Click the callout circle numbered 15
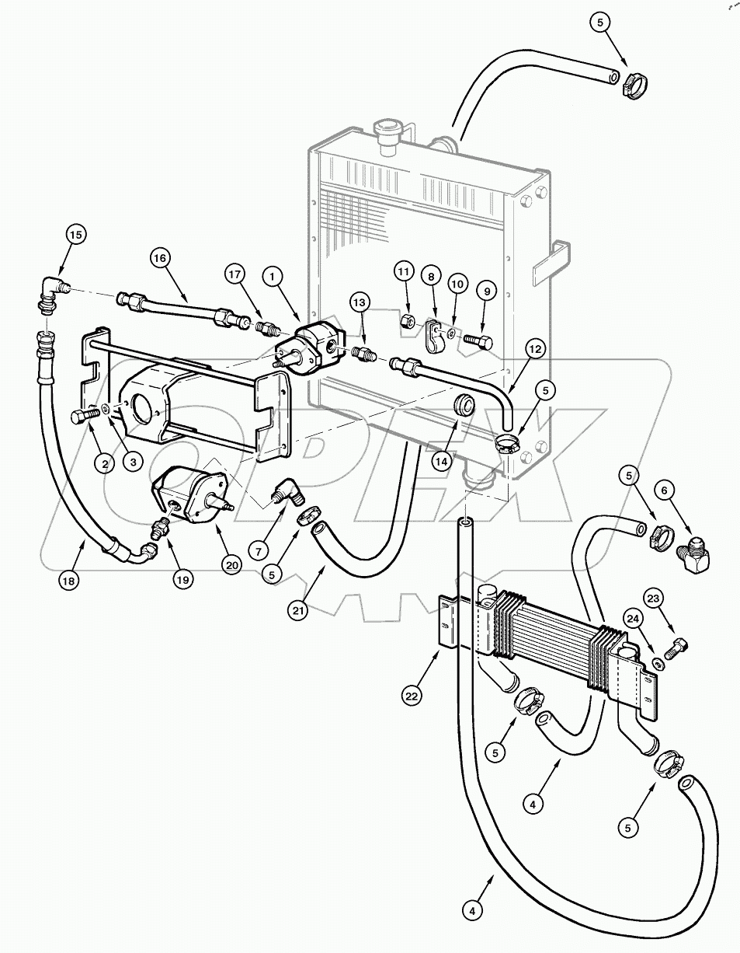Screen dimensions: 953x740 pyautogui.click(x=75, y=234)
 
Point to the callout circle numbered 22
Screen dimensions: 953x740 pyautogui.click(x=412, y=696)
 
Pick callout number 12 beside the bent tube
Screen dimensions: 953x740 pyautogui.click(x=534, y=351)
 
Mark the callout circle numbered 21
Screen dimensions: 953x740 pyautogui.click(x=300, y=610)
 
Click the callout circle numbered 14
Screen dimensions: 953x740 pyautogui.click(x=442, y=461)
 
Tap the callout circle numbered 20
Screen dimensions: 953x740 pyautogui.click(x=231, y=565)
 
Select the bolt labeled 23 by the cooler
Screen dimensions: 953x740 pyautogui.click(x=678, y=644)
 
